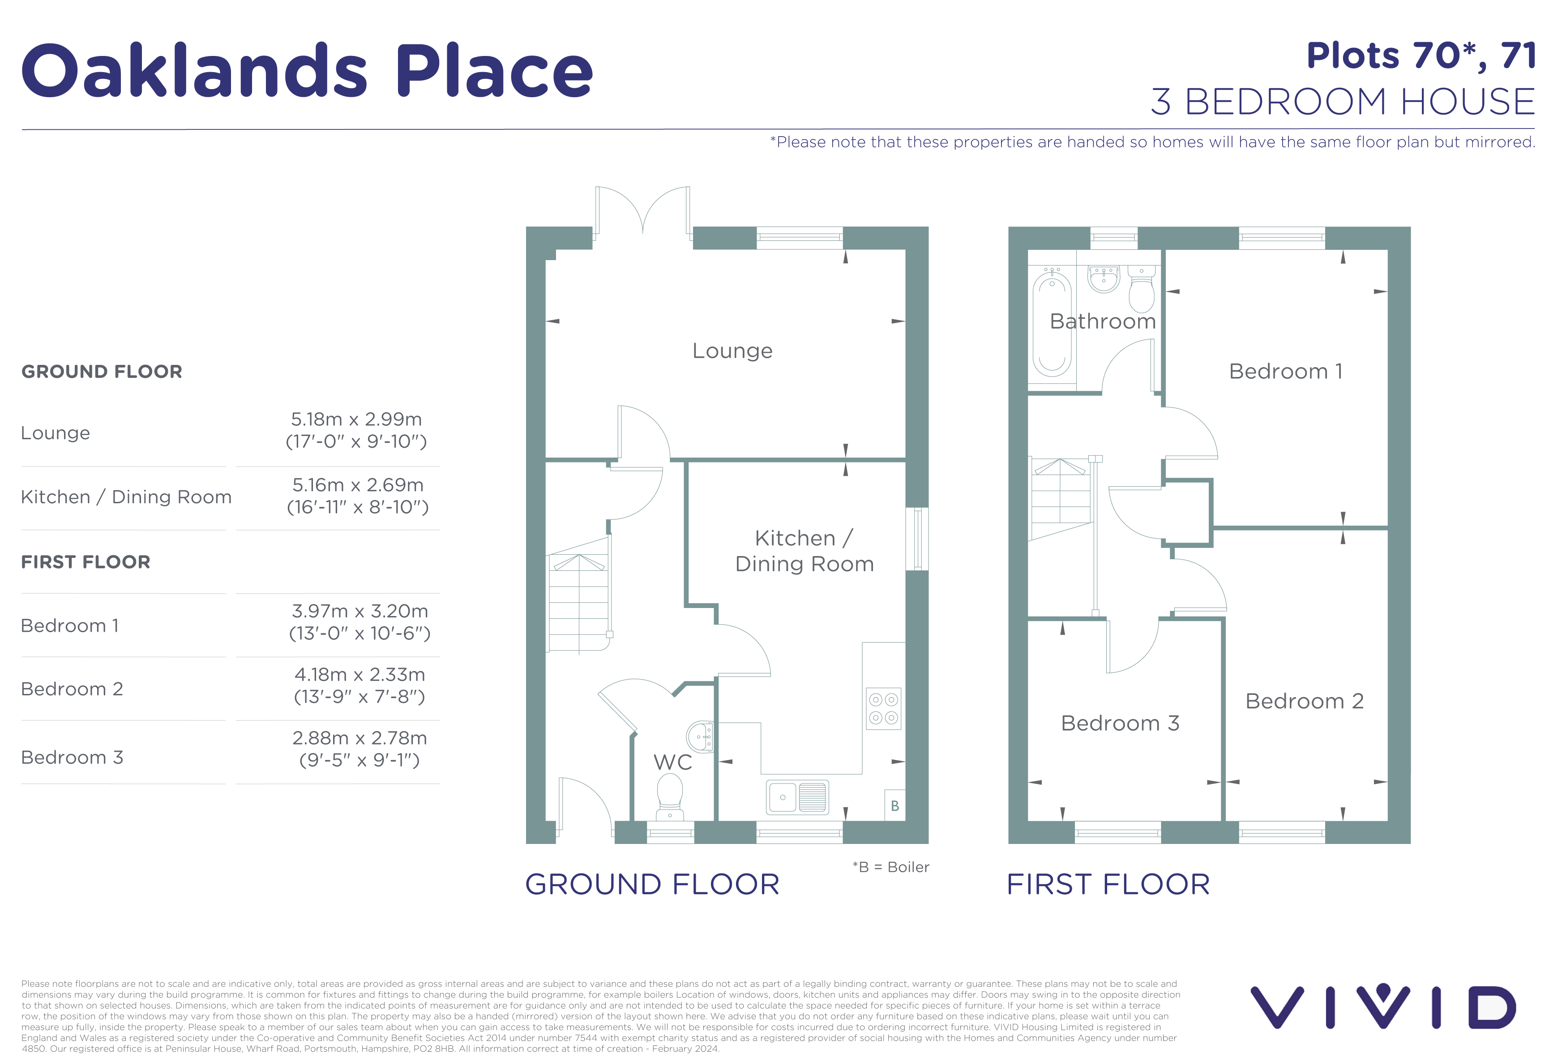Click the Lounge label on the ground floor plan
pos(732,351)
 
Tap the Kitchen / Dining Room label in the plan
pos(805,551)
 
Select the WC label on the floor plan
pos(673,762)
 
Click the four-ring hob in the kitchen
pos(883,708)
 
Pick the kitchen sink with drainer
pos(798,797)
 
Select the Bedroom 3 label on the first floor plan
pos(1120,723)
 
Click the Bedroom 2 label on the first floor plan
pos(1305,701)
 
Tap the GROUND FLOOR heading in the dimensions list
pos(102,372)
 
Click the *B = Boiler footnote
pos(890,867)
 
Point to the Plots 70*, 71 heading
pos(1421,56)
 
